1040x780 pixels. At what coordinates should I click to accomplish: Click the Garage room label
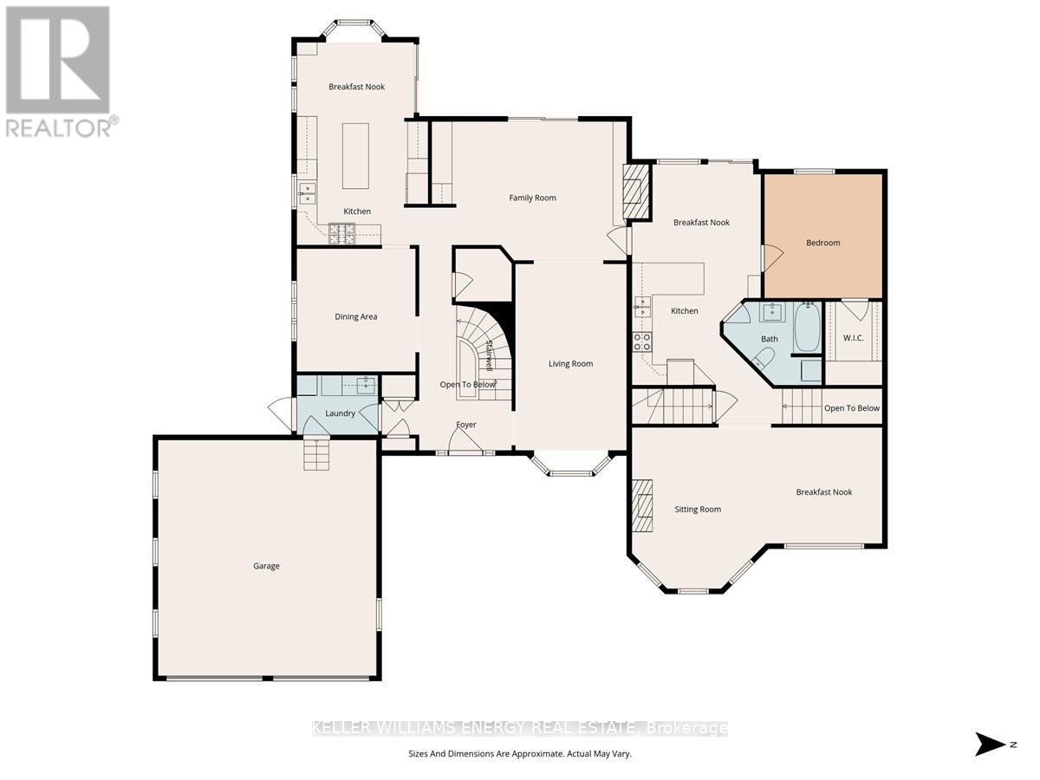[x=266, y=566]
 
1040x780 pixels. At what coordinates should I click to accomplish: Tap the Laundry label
[x=340, y=413]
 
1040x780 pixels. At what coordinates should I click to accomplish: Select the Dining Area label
[x=355, y=316]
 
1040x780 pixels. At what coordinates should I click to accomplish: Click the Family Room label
[x=532, y=198]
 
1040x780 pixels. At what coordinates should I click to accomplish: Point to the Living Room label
[x=570, y=363]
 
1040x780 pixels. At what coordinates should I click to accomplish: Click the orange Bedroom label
[x=822, y=243]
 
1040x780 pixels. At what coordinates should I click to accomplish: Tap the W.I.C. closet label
[x=853, y=338]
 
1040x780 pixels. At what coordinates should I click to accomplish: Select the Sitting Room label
[x=698, y=509]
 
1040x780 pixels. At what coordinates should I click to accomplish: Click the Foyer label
[x=466, y=425]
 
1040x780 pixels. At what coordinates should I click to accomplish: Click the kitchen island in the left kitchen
[x=355, y=156]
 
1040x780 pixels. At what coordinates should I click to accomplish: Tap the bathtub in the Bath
[x=807, y=328]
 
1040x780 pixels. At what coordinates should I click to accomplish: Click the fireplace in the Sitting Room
[x=641, y=504]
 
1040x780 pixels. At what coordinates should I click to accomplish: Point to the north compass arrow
[x=989, y=744]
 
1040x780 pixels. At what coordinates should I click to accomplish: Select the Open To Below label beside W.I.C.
[x=851, y=408]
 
